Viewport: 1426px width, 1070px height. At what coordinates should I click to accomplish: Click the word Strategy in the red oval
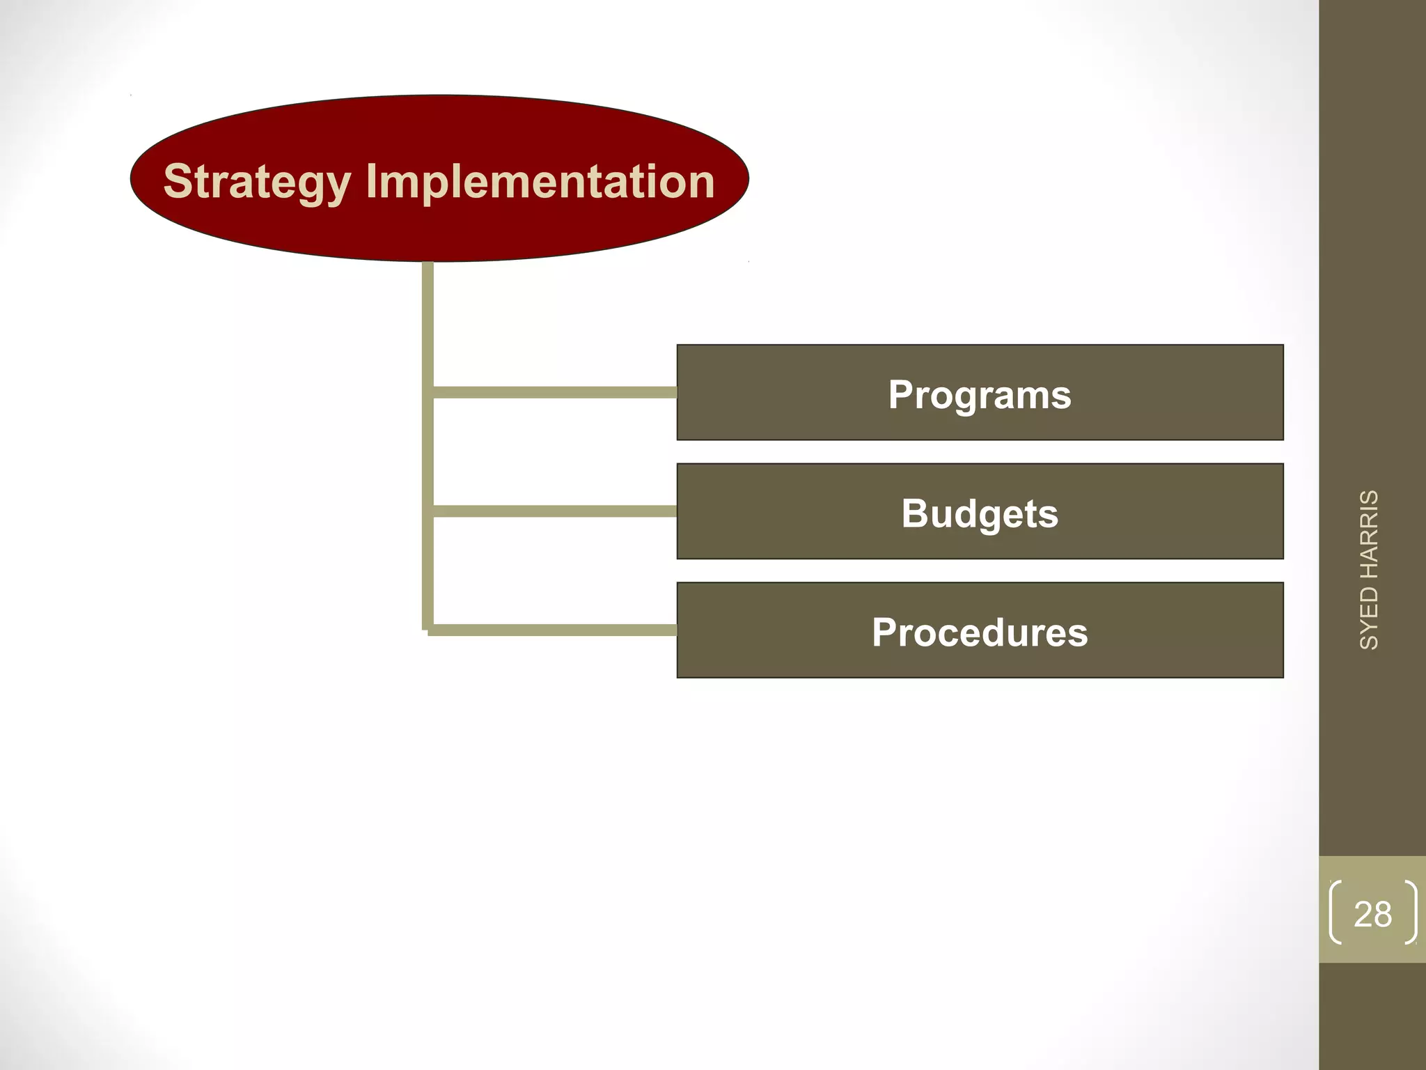tap(256, 183)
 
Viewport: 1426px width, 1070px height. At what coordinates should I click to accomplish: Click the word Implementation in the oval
tap(540, 183)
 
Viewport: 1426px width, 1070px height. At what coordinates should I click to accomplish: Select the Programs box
tap(980, 393)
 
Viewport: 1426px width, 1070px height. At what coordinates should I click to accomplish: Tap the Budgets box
tap(980, 512)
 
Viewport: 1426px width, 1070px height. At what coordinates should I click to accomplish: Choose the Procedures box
tap(980, 630)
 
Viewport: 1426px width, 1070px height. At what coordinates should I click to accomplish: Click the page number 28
tap(1372, 915)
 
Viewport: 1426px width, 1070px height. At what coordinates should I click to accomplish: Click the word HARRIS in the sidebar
tap(1369, 534)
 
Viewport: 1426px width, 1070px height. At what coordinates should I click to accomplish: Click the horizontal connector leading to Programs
tap(554, 393)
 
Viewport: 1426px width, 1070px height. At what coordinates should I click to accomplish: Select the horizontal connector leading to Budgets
tap(554, 512)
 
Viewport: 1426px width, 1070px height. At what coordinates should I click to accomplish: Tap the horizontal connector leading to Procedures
tap(554, 630)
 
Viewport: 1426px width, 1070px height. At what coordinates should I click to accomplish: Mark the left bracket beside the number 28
tap(1335, 913)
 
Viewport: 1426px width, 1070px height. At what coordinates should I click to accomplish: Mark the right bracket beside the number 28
tap(1411, 913)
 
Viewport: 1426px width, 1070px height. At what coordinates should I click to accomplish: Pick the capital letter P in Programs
tap(901, 394)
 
